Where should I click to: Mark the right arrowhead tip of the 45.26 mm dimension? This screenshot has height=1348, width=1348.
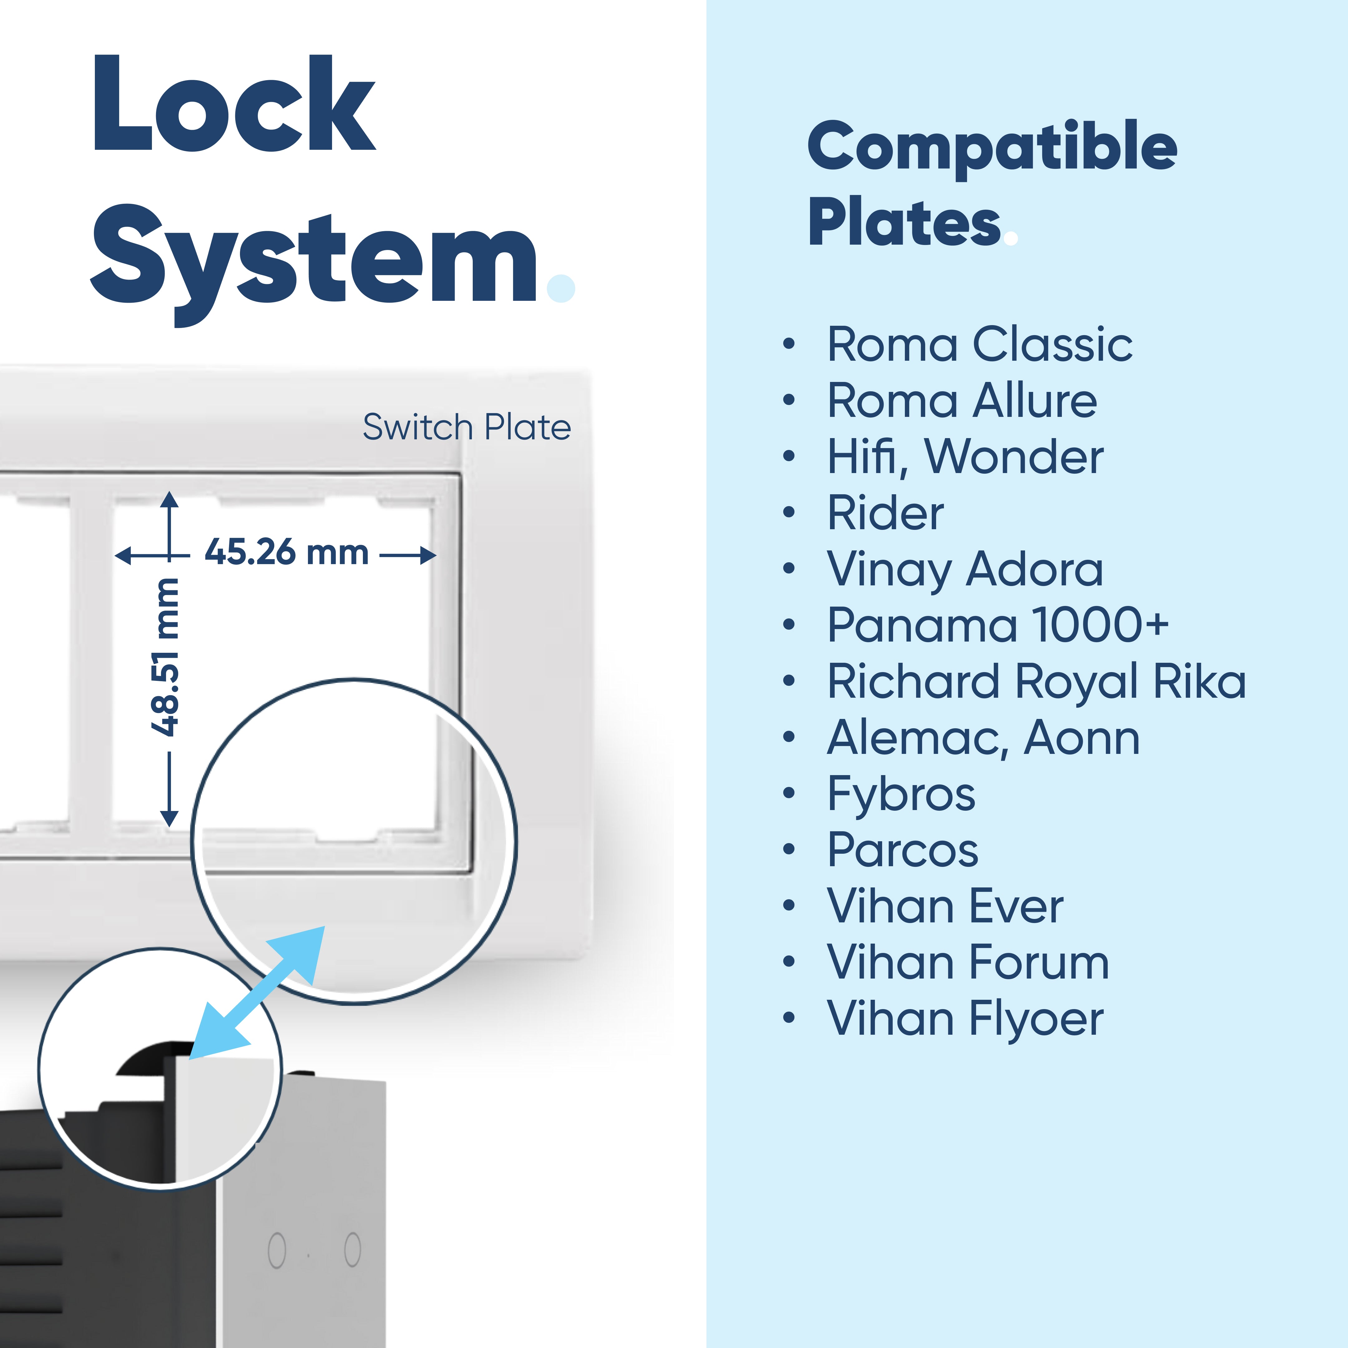437,555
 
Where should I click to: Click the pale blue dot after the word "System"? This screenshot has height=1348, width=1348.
561,288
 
